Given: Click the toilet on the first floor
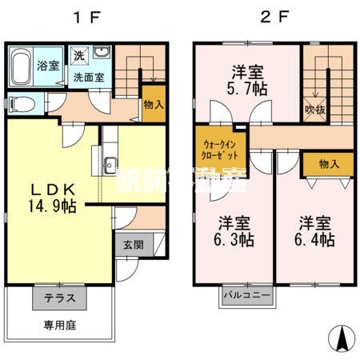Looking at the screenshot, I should [21, 103].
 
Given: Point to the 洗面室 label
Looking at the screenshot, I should [89, 78].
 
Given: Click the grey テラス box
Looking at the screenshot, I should [59, 298].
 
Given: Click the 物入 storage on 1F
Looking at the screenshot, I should [154, 103].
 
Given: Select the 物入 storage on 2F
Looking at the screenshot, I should [329, 164].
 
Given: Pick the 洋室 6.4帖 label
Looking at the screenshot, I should [315, 230].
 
